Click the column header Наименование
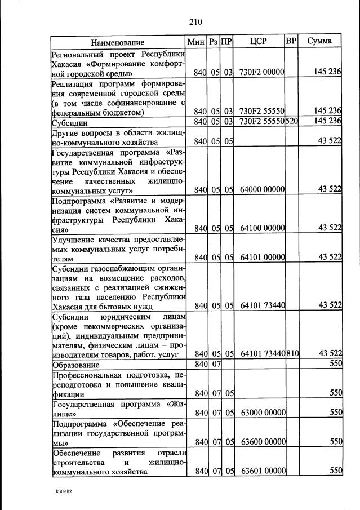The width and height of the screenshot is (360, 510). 118,42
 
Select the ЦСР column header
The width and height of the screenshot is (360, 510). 260,42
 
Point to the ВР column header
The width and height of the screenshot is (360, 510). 291,42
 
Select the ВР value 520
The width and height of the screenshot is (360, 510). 292,121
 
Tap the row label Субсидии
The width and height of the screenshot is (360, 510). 69,122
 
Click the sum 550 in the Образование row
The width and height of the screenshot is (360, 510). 336,364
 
